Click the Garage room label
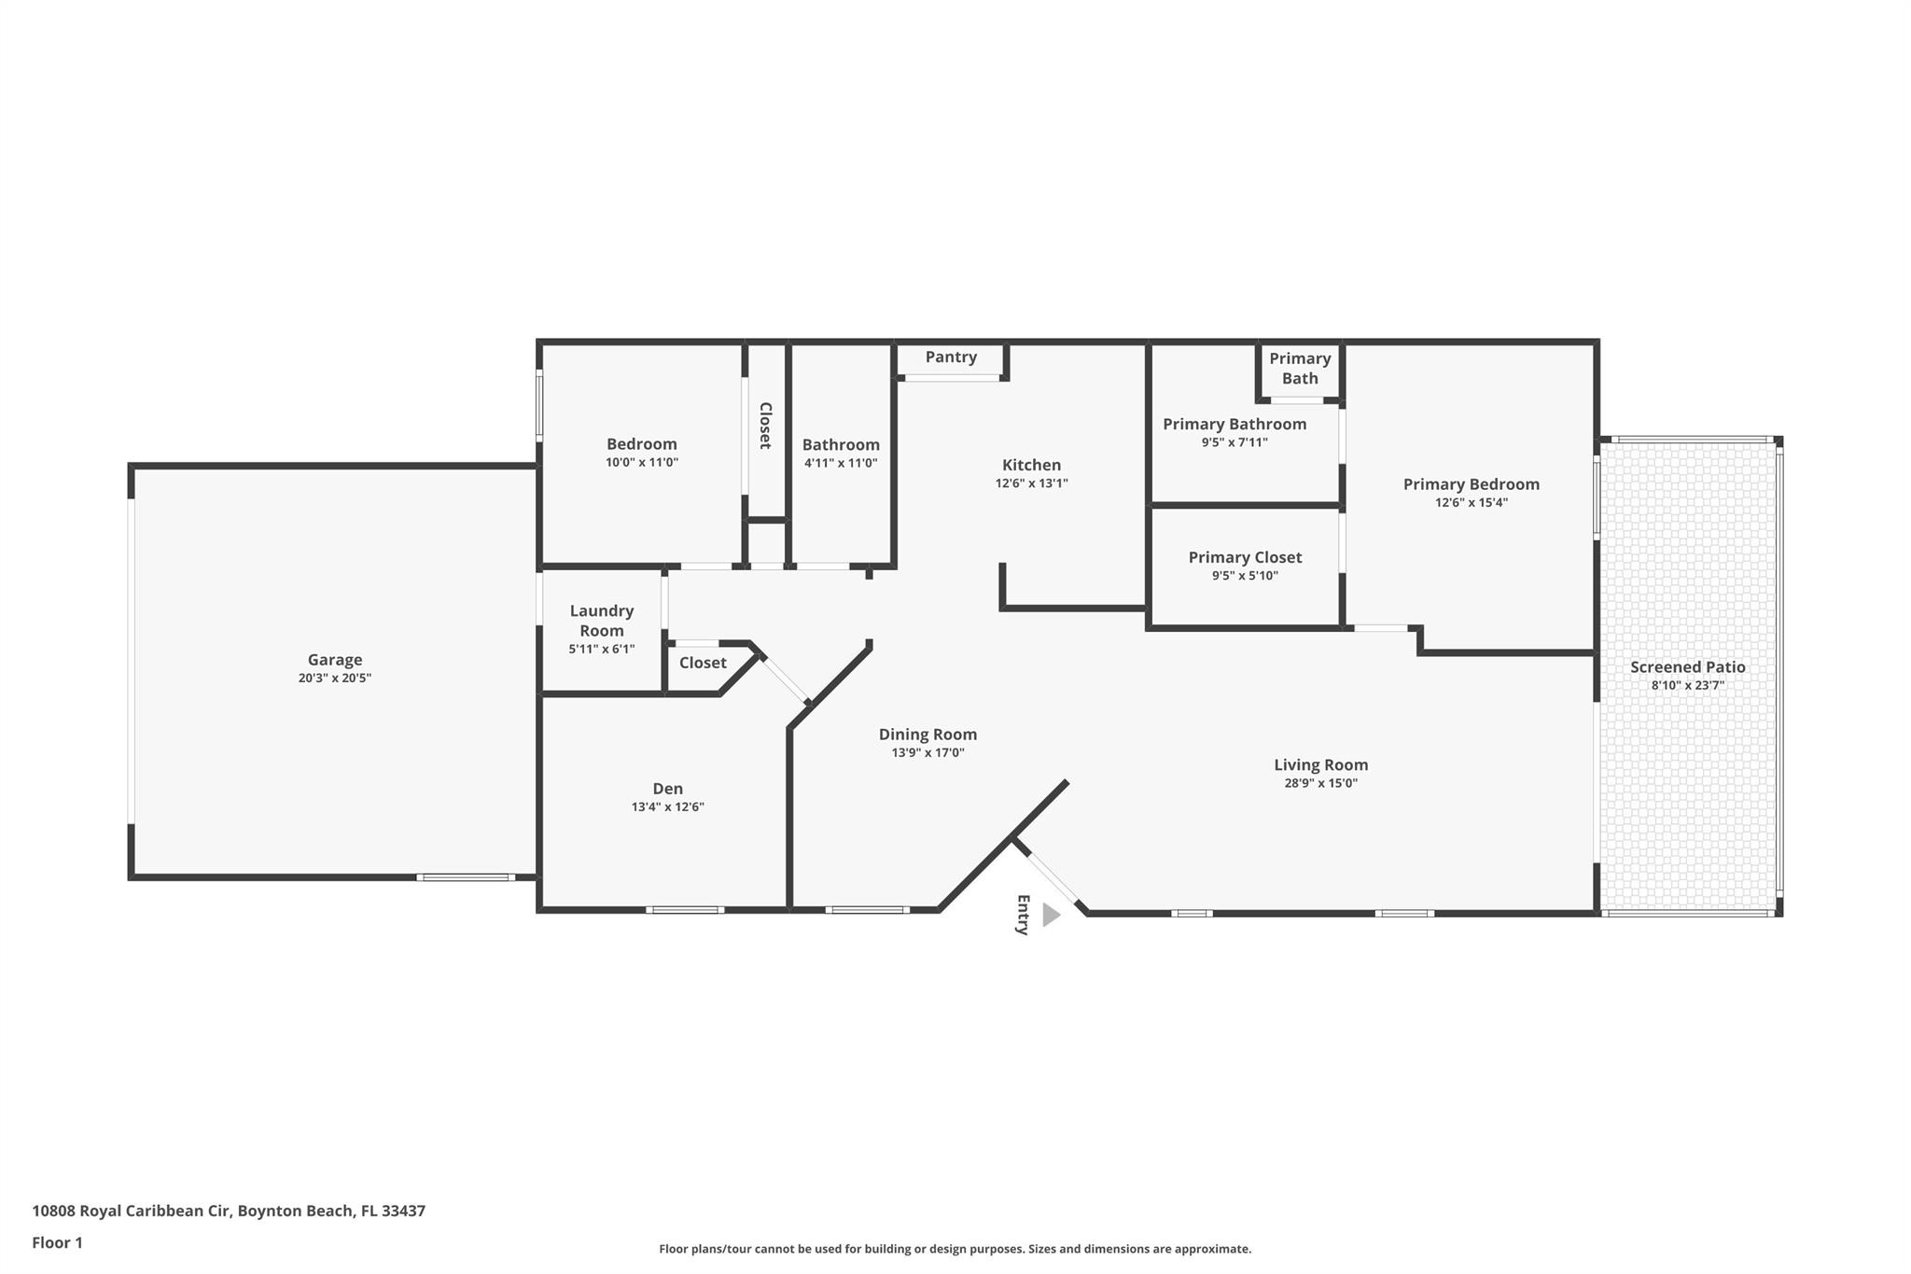[334, 660]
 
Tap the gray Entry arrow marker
[1051, 915]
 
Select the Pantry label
[951, 357]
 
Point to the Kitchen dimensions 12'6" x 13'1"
[1031, 483]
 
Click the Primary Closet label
[1245, 557]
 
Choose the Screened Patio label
[1687, 667]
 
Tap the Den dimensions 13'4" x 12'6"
[667, 807]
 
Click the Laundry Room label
[602, 621]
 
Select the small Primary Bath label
[1300, 369]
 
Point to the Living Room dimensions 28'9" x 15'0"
[1320, 783]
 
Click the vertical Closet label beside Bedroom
[765, 426]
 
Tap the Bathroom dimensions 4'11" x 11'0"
[841, 463]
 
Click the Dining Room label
[928, 735]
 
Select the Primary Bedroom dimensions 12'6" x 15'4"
[1471, 502]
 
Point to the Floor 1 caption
[57, 1242]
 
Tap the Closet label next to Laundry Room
[702, 663]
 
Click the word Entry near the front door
[1023, 915]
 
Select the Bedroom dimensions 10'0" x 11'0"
[641, 462]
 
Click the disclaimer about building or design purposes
[955, 1249]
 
